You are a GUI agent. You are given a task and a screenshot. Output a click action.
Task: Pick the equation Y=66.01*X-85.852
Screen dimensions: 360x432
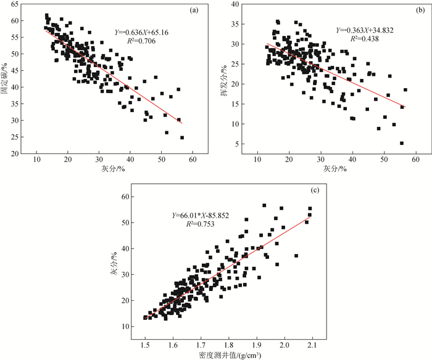point(201,216)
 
